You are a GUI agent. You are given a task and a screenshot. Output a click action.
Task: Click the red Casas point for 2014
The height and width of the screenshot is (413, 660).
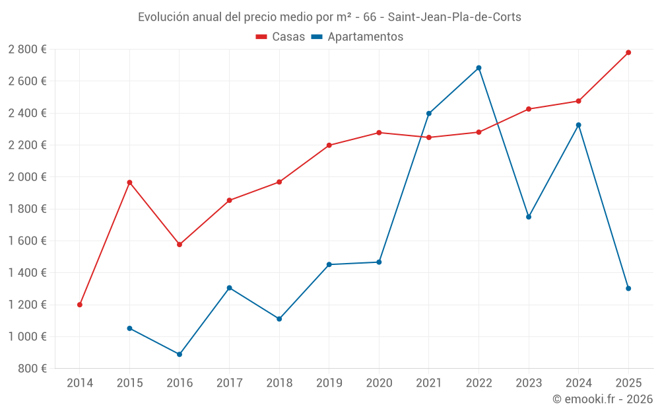(x=80, y=305)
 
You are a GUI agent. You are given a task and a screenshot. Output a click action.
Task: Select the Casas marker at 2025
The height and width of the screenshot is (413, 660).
(x=628, y=52)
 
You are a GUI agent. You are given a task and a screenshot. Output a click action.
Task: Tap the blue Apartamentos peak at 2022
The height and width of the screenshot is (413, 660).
(x=478, y=68)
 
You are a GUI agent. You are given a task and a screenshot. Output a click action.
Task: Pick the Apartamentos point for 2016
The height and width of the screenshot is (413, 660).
(x=180, y=354)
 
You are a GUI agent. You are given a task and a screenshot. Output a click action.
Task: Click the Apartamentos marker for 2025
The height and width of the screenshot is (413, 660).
(x=628, y=288)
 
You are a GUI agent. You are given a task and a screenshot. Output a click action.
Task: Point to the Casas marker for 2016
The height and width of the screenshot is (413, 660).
(x=180, y=244)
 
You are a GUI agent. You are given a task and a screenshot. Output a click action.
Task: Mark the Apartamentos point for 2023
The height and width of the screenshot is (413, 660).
(x=529, y=217)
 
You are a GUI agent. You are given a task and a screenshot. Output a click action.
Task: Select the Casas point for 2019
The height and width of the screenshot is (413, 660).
(x=329, y=145)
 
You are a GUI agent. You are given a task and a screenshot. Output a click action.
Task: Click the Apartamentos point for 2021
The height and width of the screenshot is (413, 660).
(x=429, y=114)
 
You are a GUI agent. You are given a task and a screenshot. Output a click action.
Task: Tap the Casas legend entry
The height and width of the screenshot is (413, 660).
(x=280, y=37)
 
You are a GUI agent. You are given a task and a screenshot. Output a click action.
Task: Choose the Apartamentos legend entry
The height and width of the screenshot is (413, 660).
(x=357, y=37)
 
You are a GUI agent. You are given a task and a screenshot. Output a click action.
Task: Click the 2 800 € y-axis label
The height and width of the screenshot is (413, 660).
(x=27, y=49)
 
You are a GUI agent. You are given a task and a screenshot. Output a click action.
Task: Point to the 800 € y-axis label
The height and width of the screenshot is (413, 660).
(x=32, y=369)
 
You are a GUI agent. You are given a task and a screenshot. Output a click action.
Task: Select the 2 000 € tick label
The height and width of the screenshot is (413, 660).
(x=27, y=177)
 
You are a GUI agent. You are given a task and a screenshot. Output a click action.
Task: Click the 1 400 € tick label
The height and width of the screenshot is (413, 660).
(x=27, y=273)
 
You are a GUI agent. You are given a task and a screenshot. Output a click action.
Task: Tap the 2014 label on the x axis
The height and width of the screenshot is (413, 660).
(x=80, y=383)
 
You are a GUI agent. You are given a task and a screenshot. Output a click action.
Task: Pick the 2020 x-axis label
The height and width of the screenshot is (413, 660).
(x=379, y=383)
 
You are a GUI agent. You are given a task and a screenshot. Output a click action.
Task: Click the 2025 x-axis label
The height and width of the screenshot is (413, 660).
(x=628, y=383)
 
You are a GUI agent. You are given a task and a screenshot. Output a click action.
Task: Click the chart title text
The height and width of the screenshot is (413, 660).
(x=329, y=17)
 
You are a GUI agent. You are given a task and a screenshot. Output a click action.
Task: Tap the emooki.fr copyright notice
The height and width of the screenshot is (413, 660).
(x=602, y=399)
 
